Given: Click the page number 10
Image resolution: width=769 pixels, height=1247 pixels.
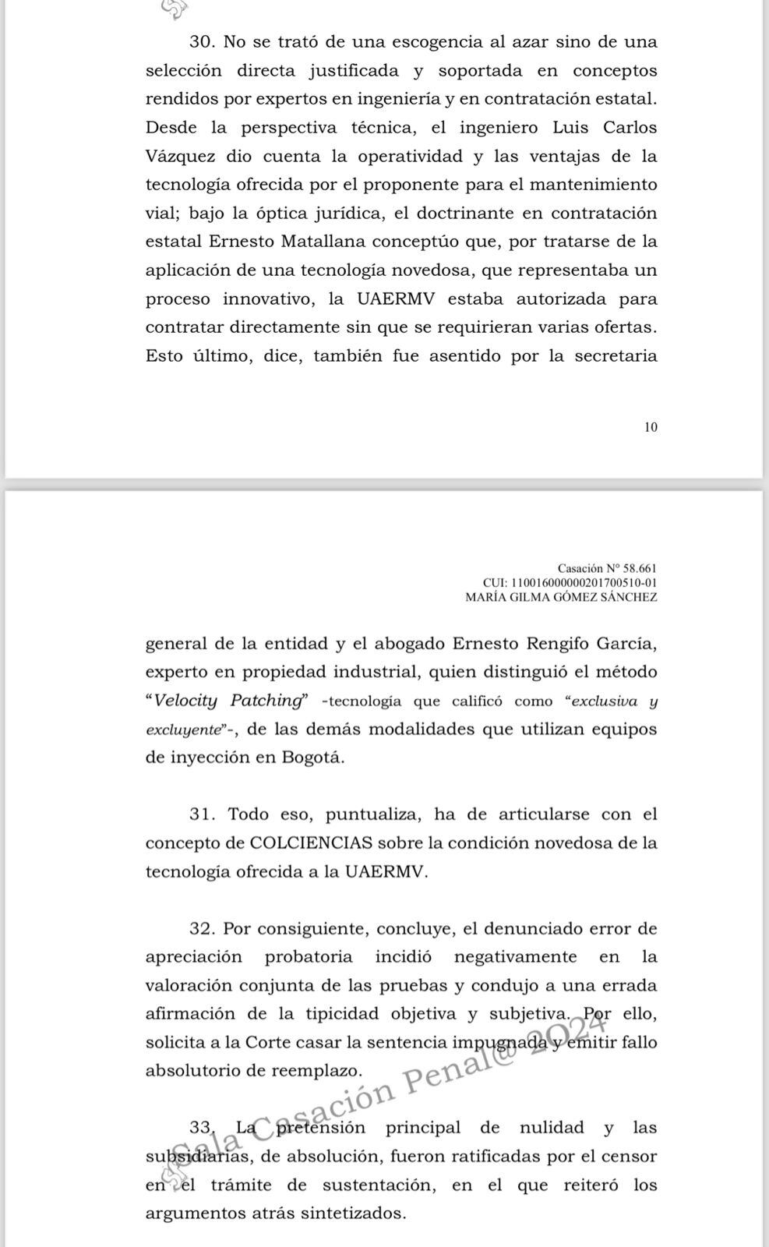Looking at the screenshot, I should [x=651, y=427].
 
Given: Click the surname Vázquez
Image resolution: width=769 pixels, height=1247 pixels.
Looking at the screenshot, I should [x=180, y=156].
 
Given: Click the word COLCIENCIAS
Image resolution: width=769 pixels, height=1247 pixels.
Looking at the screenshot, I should [x=312, y=843].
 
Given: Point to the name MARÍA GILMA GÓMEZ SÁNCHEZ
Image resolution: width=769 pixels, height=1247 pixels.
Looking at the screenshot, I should [x=561, y=598].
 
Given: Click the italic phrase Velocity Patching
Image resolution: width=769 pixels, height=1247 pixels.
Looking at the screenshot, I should [x=228, y=701].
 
